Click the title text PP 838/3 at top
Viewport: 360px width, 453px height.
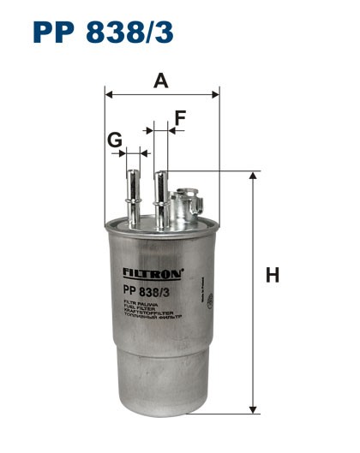(104, 33)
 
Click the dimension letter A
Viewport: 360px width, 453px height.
(160, 81)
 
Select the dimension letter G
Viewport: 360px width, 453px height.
(114, 139)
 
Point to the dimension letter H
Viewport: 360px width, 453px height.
(273, 275)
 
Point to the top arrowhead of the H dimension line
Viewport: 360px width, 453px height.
(253, 176)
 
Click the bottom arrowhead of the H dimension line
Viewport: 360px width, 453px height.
(253, 408)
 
